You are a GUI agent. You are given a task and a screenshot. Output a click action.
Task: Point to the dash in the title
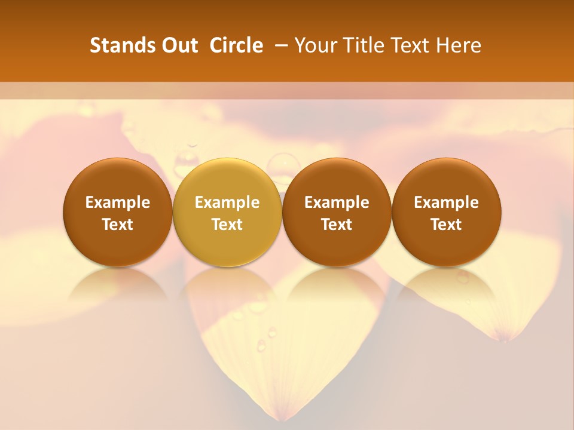coord(279,45)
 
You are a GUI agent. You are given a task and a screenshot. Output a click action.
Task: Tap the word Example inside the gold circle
coord(227,202)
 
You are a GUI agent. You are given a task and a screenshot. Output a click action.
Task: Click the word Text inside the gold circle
coord(227,225)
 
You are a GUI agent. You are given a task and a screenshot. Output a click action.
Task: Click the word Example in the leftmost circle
coord(118,202)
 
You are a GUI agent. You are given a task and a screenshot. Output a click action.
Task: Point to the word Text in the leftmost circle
coord(118,225)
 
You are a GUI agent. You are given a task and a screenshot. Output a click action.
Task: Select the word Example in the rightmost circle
coord(447,202)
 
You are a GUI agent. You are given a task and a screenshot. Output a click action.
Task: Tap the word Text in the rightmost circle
coord(447,225)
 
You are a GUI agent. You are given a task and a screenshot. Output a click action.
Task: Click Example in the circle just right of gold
coord(337,202)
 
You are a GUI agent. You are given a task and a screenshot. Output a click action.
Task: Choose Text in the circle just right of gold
coord(337,225)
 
